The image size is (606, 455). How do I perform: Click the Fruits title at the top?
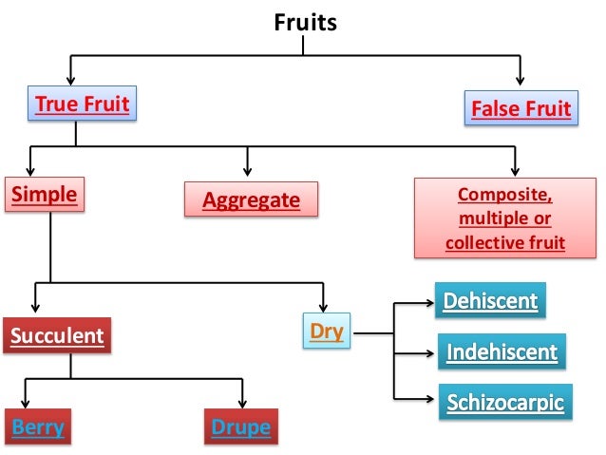tap(305, 21)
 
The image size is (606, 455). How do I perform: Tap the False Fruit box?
tap(521, 109)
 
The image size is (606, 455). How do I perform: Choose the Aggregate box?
tap(250, 200)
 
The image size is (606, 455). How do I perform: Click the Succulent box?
tap(57, 334)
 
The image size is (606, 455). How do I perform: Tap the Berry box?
tap(38, 427)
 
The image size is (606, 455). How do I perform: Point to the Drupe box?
tap(239, 427)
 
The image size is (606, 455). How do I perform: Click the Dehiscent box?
tap(491, 302)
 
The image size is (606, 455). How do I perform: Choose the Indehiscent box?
tap(502, 352)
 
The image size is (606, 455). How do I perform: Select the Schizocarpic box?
tap(505, 402)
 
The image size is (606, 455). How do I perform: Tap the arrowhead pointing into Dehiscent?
tap(426, 304)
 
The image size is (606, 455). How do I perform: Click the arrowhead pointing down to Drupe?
tap(243, 402)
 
